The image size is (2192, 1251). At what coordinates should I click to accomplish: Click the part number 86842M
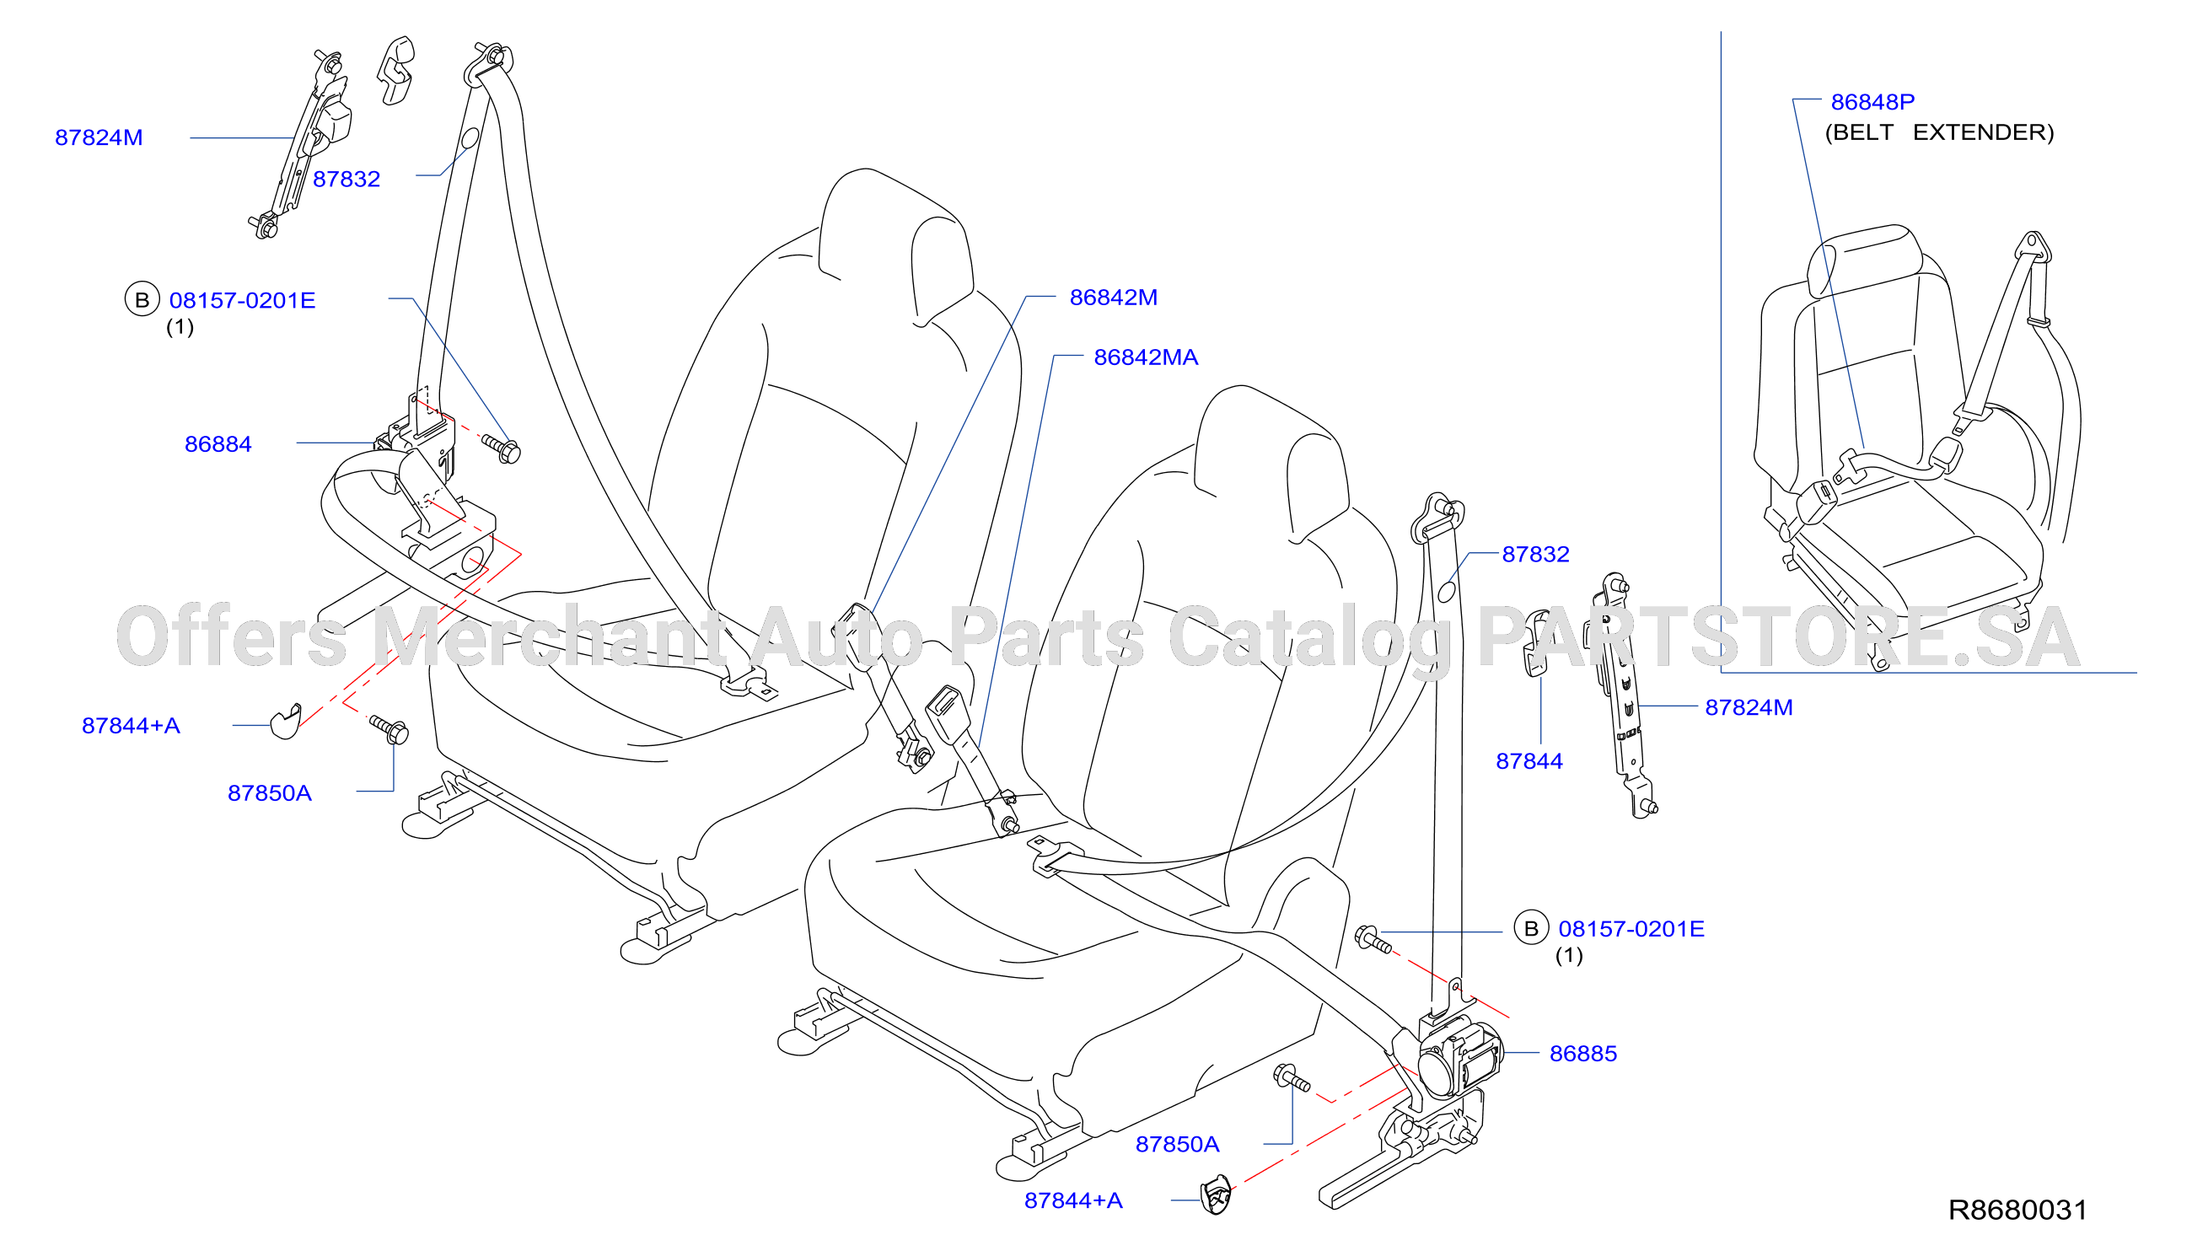click(1113, 298)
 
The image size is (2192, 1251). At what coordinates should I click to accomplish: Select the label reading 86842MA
click(1146, 357)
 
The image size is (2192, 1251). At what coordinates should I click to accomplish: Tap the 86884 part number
click(218, 444)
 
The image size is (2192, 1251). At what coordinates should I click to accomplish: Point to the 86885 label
click(1582, 1054)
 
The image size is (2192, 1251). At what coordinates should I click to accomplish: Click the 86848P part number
click(1872, 102)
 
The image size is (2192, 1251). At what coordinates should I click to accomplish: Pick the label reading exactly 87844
click(1528, 761)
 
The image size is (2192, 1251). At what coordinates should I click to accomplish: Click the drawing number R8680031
click(2017, 1210)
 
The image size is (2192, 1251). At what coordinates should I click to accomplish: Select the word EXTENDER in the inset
click(1983, 132)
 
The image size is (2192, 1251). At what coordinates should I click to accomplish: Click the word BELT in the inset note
click(1860, 132)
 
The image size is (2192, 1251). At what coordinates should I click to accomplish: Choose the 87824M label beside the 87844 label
click(1749, 708)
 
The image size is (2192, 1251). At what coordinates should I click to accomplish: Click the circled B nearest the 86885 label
click(1530, 928)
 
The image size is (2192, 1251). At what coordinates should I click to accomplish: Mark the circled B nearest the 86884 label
click(142, 299)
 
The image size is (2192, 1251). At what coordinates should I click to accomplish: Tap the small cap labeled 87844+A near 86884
click(286, 720)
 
